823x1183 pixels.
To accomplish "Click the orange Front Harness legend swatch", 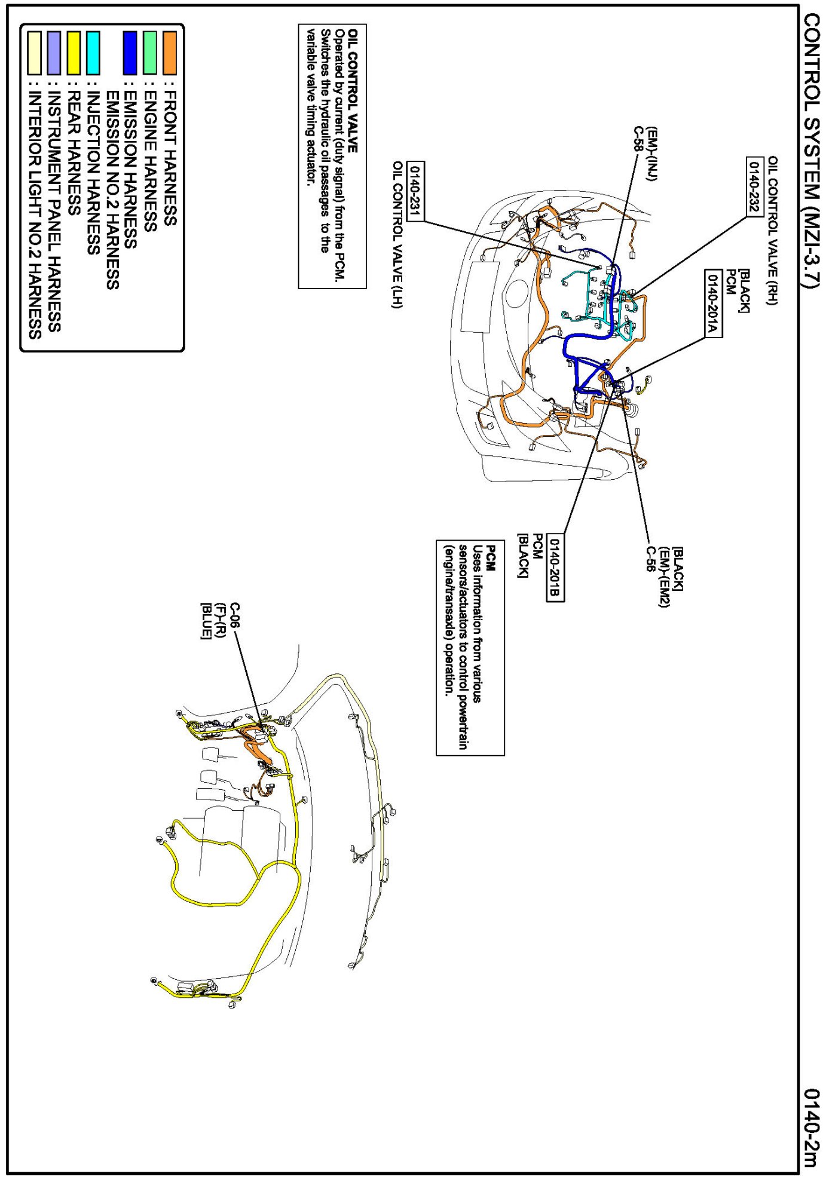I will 170,53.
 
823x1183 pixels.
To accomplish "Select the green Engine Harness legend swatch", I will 150,53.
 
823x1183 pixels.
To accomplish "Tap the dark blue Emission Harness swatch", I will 130,53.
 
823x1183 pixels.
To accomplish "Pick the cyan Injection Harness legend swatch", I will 93,53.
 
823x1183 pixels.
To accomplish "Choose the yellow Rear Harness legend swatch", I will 74,53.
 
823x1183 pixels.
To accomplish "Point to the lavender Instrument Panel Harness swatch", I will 54,53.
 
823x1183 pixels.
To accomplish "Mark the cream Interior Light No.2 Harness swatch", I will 35,53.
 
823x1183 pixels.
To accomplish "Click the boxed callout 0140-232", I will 754,186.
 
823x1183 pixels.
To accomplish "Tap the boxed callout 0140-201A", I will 712,303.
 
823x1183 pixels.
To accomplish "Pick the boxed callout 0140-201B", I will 555,567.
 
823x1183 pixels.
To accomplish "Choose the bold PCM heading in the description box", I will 491,557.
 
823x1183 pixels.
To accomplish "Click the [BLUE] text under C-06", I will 206,621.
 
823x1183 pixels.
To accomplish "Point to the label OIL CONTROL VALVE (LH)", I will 397,234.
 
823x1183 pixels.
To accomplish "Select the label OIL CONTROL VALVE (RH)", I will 773,230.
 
